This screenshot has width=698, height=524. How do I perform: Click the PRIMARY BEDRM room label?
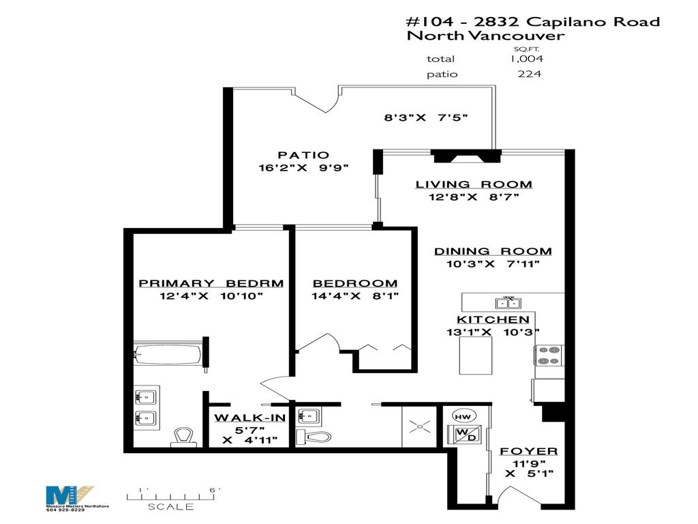pos(211,283)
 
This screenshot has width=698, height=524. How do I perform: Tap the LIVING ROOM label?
pos(474,184)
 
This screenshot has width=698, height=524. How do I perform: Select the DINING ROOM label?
pos(493,251)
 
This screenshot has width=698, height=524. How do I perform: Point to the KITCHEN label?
pos(493,319)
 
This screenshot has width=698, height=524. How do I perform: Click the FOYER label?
pos(528,452)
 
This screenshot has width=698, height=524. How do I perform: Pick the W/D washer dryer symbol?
pos(462,435)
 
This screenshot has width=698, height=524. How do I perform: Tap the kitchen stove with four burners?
pos(548,356)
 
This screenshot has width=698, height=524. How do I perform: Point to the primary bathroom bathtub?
pos(168,354)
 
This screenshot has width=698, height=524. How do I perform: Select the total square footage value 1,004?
pos(526,59)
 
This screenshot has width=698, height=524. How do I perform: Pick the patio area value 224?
pos(530,74)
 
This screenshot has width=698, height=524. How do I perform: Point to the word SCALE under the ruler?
pos(171,507)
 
